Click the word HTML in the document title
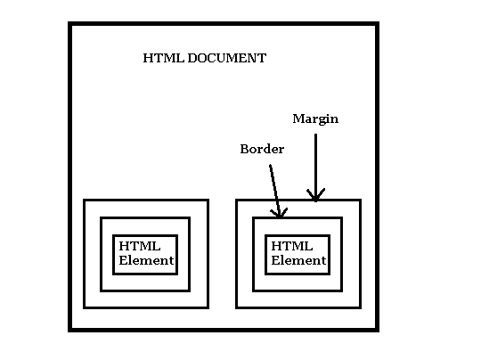[x=164, y=58]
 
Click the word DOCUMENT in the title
[x=227, y=58]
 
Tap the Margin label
[x=315, y=119]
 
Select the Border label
[x=262, y=149]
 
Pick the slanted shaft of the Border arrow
[x=274, y=191]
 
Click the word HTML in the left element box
[x=140, y=246]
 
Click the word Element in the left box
[x=146, y=260]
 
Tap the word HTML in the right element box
[x=292, y=246]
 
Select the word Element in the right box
[x=298, y=260]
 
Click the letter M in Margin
[x=298, y=119]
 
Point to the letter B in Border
[x=244, y=149]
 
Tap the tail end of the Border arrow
[x=270, y=166]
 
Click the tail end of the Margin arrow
[x=315, y=135]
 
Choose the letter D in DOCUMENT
[x=192, y=58]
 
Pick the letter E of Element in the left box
[x=123, y=260]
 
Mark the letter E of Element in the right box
[x=275, y=260]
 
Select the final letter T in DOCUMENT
[x=262, y=58]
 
